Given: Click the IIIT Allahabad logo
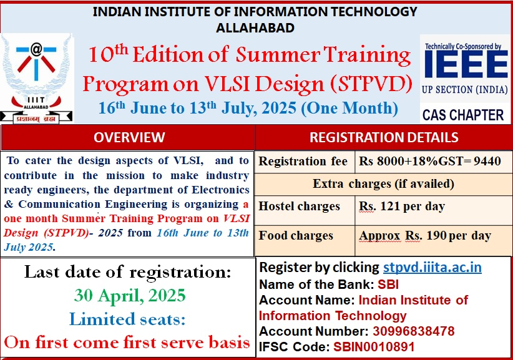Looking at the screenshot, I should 36,78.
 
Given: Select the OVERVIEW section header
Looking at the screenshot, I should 129,137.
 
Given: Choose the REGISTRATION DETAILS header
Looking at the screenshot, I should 384,137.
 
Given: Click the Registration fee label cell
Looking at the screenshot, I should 303,162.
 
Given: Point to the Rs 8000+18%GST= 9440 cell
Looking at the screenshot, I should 430,162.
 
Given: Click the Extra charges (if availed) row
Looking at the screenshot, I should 383,184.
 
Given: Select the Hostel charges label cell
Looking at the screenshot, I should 300,207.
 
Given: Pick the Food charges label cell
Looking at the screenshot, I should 296,236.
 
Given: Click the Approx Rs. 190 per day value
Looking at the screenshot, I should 425,236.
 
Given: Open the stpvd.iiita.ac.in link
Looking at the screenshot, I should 432,268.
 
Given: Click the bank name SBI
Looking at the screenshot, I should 388,285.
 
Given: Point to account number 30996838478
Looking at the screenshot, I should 414,331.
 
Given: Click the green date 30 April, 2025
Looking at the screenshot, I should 129,294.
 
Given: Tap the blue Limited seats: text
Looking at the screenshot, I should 128,319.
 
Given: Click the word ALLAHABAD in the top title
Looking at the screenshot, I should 255,27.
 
